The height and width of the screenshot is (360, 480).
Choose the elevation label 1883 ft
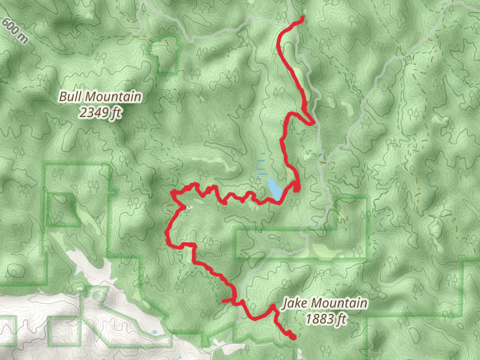click(326, 319)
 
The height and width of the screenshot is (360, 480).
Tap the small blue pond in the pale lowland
click(155, 332)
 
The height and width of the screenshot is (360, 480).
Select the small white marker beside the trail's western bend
click(188, 208)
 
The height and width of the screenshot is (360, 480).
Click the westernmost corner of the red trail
click(166, 232)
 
